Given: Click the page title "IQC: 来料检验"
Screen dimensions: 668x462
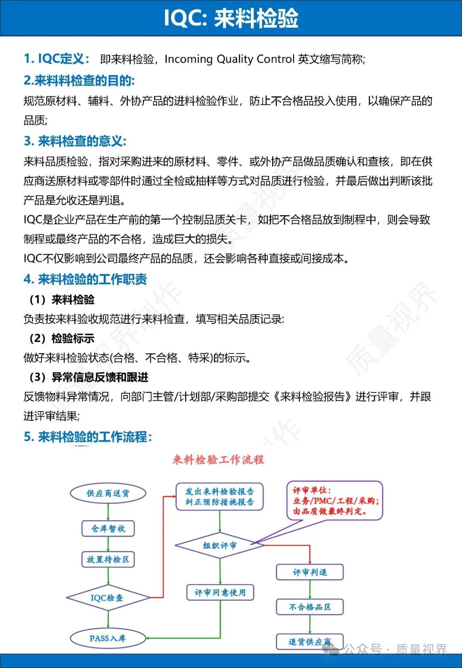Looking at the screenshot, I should point(231,18).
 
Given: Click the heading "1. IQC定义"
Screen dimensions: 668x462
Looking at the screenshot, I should point(56,59).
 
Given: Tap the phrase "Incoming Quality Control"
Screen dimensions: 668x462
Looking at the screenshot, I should point(230,59).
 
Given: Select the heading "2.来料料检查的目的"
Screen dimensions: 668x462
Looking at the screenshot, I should point(79,80).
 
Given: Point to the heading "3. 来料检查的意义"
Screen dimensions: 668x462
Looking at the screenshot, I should point(75,141).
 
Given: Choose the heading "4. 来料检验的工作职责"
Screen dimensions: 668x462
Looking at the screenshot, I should point(85,279).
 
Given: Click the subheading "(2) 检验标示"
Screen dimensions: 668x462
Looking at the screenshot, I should point(62,338).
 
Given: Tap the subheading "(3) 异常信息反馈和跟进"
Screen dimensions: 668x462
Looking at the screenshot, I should point(89,377).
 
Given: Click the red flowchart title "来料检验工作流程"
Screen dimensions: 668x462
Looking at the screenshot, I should point(218,460).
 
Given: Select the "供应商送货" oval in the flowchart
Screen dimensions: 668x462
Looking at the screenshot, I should point(108,493).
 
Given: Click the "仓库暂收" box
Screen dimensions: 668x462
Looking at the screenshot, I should point(108,528).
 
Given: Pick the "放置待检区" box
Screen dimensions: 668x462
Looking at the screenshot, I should point(108,559).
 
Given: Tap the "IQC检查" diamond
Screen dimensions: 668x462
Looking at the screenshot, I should point(107,598).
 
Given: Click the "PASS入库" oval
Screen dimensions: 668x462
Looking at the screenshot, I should point(107,638).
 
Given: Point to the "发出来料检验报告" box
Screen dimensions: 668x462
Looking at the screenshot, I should point(219,496).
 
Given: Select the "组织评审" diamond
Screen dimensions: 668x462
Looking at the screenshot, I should point(219,546).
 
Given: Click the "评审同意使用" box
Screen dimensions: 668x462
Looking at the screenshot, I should point(220,593).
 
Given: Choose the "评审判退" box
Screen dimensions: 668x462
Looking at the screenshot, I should point(310,572).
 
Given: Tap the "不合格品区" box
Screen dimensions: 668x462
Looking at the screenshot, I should point(310,607).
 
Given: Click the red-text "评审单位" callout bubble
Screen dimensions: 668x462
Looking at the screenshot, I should point(335,500).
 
